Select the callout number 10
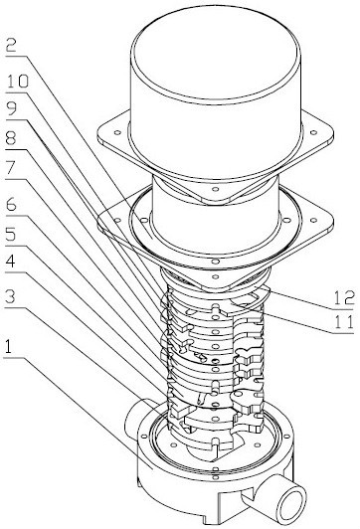pyautogui.click(x=18, y=82)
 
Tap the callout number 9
pyautogui.click(x=12, y=109)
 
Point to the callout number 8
pyautogui.click(x=12, y=139)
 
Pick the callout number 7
pyautogui.click(x=12, y=169)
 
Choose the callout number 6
pyautogui.click(x=12, y=205)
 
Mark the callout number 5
pyautogui.click(x=11, y=235)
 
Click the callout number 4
pyautogui.click(x=11, y=262)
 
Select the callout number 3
pyautogui.click(x=11, y=297)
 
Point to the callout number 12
pyautogui.click(x=344, y=298)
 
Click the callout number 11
pyautogui.click(x=344, y=322)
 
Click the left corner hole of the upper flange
pyautogui.click(x=117, y=132)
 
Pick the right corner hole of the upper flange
pyautogui.click(x=313, y=132)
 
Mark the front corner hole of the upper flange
pyautogui.click(x=216, y=189)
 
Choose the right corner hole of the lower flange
pyautogui.click(x=314, y=221)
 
